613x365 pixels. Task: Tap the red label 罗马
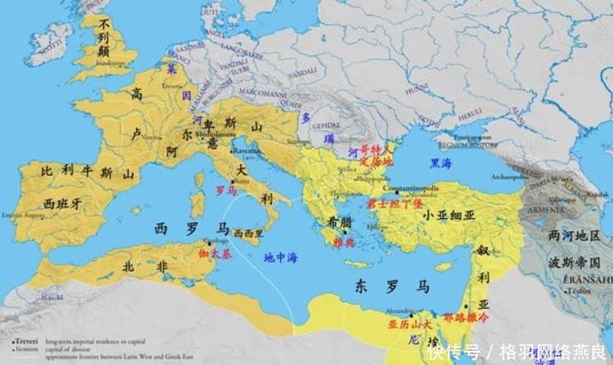point(226,189)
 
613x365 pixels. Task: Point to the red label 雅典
point(342,242)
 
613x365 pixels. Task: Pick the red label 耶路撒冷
point(466,315)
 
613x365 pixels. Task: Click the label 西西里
point(248,233)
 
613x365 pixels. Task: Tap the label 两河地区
point(574,235)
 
